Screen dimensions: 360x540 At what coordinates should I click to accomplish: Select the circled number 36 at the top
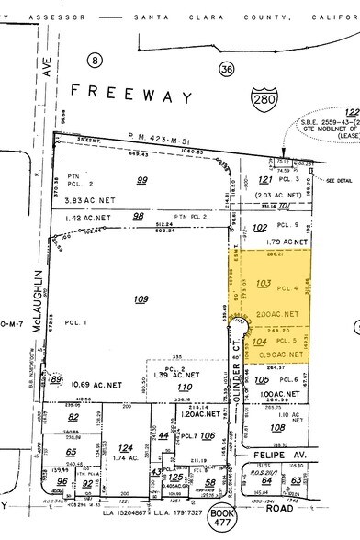point(226,68)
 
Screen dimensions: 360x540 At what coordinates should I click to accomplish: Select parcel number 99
point(141,157)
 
